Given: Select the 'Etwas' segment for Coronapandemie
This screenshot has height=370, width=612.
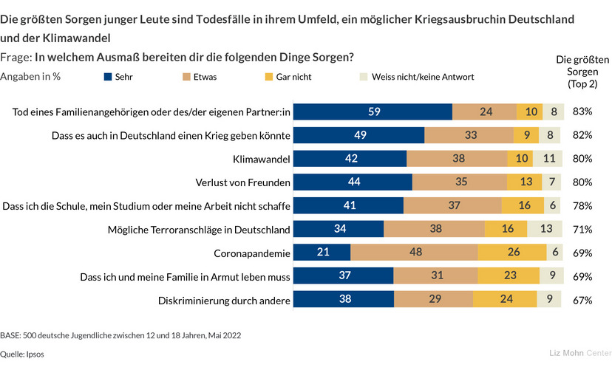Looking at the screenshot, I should click(x=414, y=253).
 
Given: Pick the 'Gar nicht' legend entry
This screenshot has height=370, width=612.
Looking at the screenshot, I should click(x=285, y=76).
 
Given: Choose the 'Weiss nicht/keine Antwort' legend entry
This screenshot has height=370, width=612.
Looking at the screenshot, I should click(x=416, y=76).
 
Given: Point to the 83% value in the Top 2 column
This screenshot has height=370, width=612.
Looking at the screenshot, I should click(x=582, y=112).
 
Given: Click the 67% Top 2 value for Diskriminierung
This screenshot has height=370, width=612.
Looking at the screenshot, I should click(x=582, y=300).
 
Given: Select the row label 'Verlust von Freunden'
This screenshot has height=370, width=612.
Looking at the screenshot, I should click(x=240, y=182).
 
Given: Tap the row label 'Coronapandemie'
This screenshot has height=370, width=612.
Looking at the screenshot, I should click(x=251, y=253).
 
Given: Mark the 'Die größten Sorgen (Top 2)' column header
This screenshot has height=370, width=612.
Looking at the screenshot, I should click(x=582, y=72).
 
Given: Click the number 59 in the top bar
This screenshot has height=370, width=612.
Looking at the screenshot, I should click(x=374, y=112).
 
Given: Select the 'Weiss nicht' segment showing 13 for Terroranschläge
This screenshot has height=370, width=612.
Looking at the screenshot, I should click(x=545, y=229).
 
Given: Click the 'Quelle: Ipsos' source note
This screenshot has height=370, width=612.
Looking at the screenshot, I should click(x=22, y=354).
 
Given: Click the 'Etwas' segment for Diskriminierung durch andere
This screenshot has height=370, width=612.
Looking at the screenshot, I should click(x=434, y=300).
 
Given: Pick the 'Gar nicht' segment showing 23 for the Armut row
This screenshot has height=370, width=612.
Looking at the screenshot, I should click(x=510, y=276).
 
